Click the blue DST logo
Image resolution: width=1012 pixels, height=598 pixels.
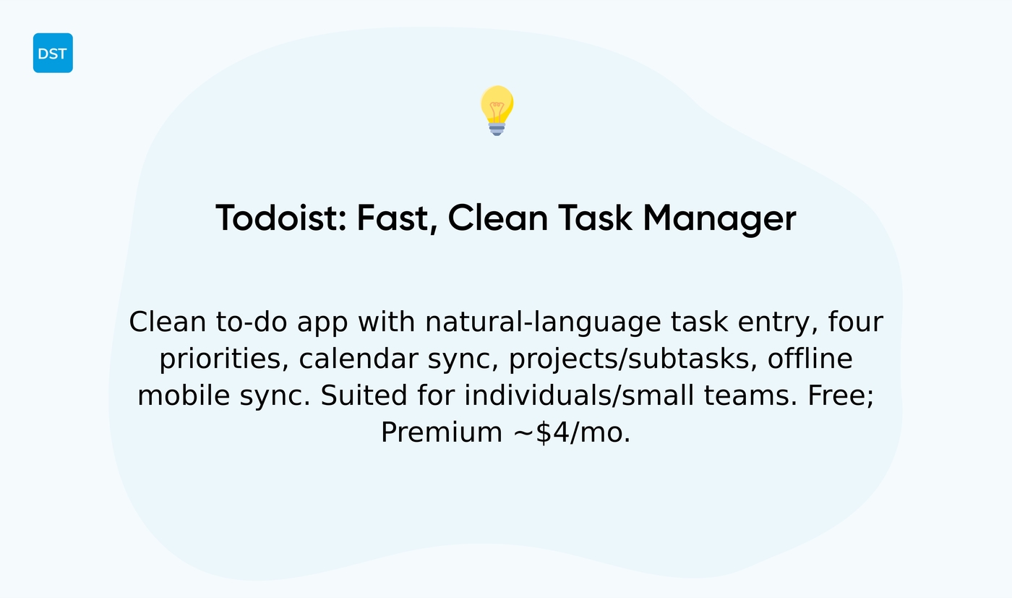tap(53, 53)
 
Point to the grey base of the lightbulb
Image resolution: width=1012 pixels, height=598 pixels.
tap(497, 129)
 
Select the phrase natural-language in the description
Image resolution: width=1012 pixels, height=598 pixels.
tap(543, 323)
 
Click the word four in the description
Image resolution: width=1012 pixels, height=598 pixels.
tap(856, 323)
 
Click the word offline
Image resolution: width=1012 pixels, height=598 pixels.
tap(810, 359)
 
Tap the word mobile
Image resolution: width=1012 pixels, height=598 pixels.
tap(181, 396)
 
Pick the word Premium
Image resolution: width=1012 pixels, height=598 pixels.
tap(441, 432)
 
